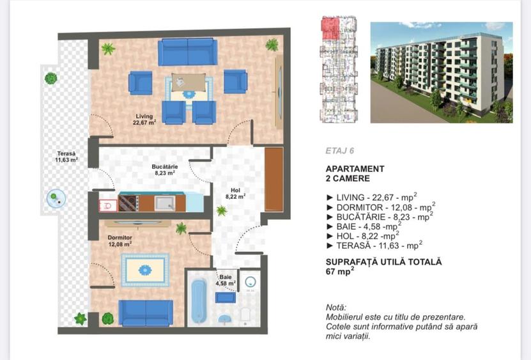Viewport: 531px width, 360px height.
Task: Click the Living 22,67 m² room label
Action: click(144, 120)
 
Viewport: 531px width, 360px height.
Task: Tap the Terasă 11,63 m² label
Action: click(66, 157)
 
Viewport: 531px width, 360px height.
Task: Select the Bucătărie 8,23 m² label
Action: click(165, 169)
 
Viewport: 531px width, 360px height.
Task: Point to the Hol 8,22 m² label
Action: click(236, 194)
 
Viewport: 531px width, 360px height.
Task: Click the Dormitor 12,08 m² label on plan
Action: click(119, 240)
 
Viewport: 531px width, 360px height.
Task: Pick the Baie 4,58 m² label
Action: click(225, 279)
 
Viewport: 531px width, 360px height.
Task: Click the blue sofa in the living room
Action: click(187, 51)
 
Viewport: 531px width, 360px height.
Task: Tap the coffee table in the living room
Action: click(189, 84)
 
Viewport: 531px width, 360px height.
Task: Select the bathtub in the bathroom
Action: click(199, 301)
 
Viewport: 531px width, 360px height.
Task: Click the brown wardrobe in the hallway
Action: click(273, 179)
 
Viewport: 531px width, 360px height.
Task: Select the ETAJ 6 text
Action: click(340, 152)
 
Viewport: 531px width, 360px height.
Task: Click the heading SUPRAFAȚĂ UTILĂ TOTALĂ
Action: click(383, 262)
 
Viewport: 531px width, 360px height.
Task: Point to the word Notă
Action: click(336, 307)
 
